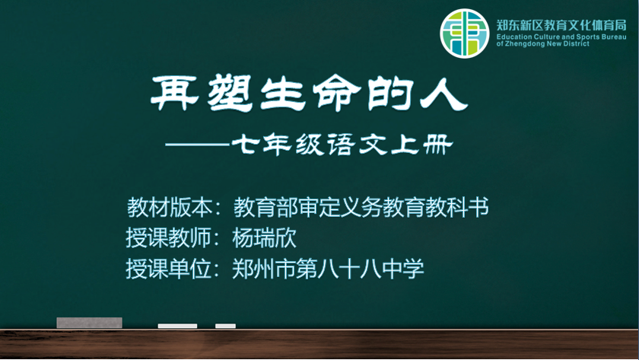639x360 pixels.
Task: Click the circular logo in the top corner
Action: coord(464,33)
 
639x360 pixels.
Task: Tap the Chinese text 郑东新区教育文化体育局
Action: coord(561,25)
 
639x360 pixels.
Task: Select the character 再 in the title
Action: coord(174,93)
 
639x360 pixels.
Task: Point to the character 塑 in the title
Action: coord(230,93)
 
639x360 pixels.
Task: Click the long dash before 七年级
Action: coord(197,144)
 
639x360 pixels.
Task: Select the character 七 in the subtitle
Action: coord(245,145)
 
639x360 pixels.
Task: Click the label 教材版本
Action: coord(170,207)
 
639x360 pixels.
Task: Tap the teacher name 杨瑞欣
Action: coord(264,237)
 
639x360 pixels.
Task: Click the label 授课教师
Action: coord(169,237)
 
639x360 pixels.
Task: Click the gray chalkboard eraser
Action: coord(89,323)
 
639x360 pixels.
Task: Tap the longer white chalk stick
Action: coord(177,326)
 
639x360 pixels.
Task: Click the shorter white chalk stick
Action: coord(225,326)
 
